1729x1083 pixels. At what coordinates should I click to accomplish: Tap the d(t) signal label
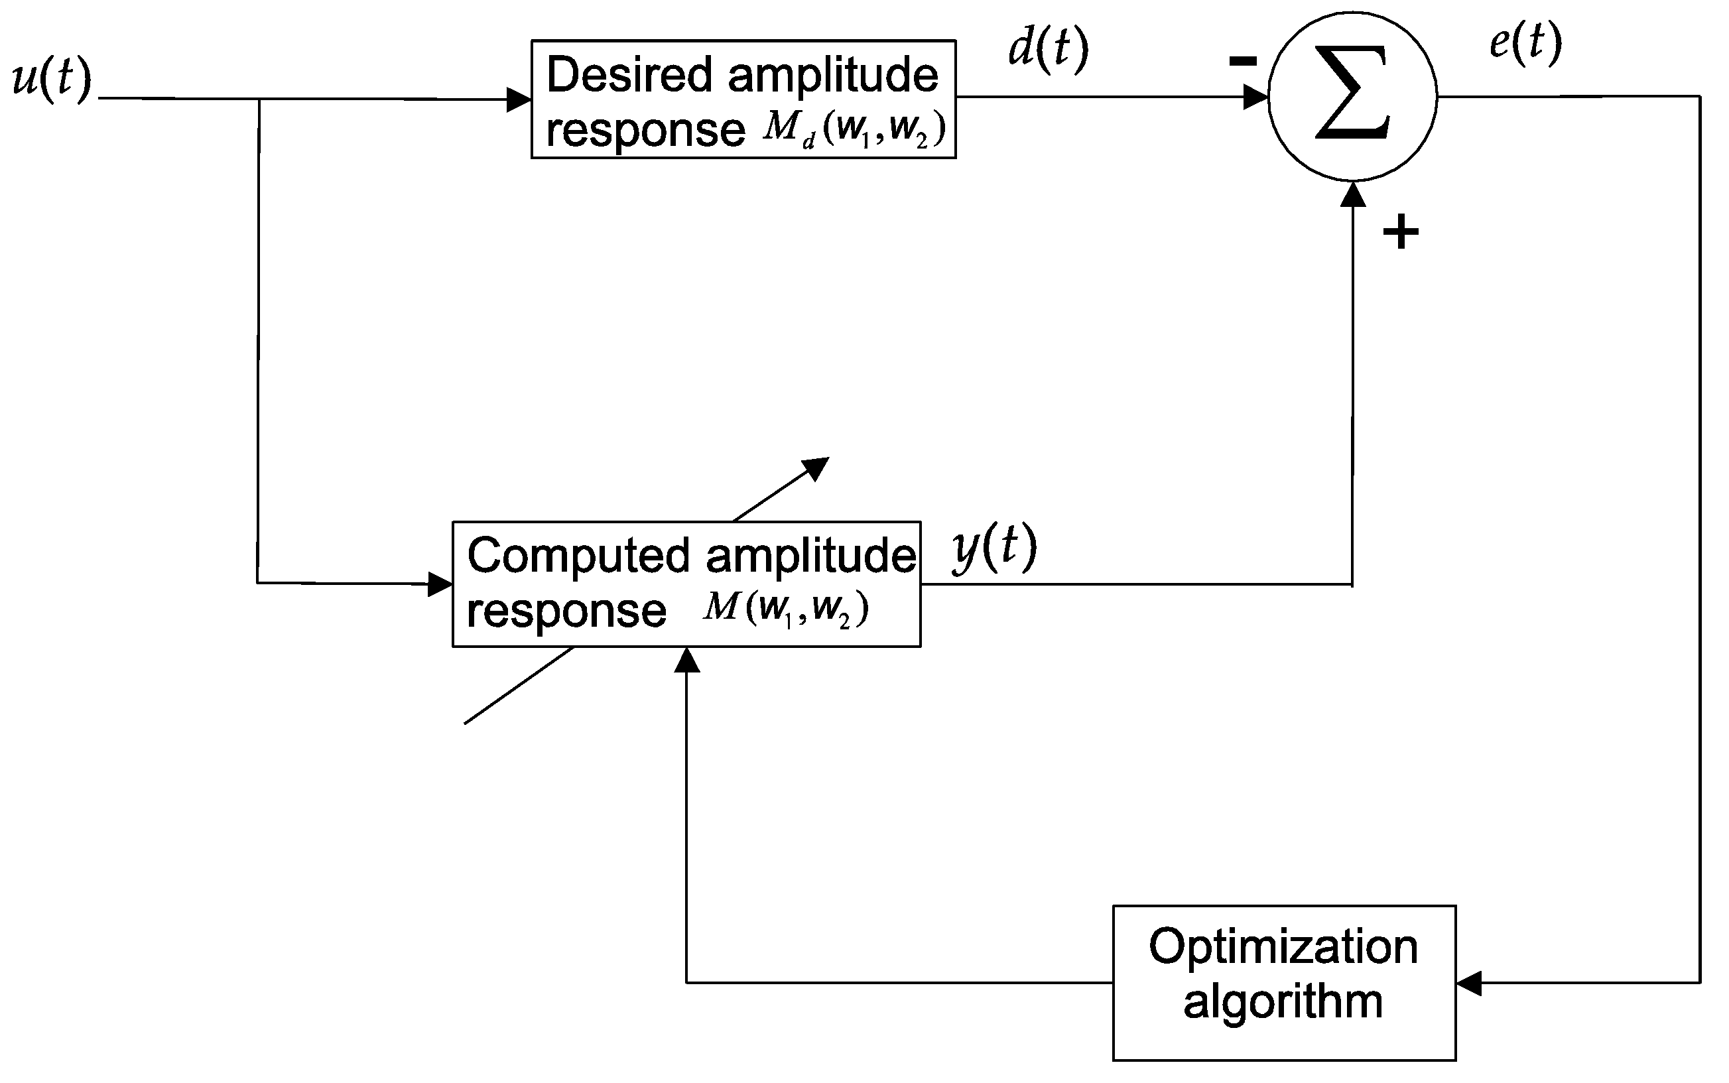[x=1048, y=48]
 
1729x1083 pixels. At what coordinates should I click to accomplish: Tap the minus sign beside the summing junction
[x=1243, y=62]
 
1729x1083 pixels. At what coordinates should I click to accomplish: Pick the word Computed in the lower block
[x=579, y=556]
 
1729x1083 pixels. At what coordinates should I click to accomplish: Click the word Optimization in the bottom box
[x=1283, y=947]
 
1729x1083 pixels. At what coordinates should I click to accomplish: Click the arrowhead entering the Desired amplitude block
[x=519, y=99]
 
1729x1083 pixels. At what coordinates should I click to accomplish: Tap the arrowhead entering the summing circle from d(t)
[x=1255, y=97]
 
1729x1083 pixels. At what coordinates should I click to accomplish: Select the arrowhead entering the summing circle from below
[x=1353, y=195]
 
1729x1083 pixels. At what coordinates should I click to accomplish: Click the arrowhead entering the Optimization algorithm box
[x=1469, y=984]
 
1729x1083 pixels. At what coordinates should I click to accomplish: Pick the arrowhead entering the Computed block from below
[x=687, y=661]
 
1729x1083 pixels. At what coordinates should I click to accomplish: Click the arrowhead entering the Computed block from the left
[x=440, y=584]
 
